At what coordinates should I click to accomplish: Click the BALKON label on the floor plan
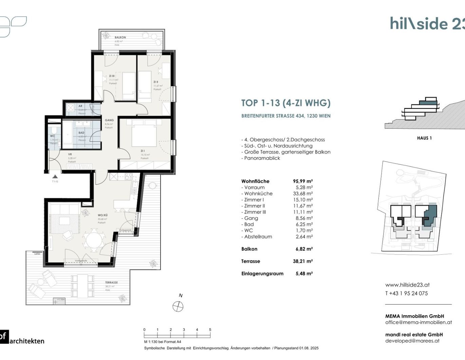click(x=120, y=37)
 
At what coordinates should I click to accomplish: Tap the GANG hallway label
click(x=109, y=120)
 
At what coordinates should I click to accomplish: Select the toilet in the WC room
click(x=54, y=130)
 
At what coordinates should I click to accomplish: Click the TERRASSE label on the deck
click(x=111, y=283)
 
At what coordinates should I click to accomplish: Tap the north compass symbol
click(x=178, y=307)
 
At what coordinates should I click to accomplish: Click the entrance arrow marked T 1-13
click(x=55, y=177)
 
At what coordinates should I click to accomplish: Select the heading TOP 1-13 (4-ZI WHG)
click(x=285, y=103)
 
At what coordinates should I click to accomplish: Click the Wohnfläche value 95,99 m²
click(x=302, y=181)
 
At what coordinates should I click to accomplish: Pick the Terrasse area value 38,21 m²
click(x=304, y=261)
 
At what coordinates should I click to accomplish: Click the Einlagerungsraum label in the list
click(x=262, y=273)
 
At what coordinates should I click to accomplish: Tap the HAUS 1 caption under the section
click(x=424, y=138)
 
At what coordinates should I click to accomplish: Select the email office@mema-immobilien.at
click(x=418, y=322)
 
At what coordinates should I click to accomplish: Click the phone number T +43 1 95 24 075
click(x=406, y=293)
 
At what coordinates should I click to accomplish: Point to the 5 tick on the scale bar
click(x=210, y=330)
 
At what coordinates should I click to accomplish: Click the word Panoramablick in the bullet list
click(x=262, y=158)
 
